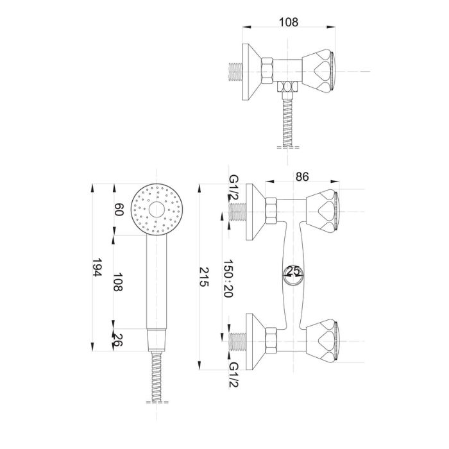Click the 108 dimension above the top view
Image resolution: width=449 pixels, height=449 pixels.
pos(289,22)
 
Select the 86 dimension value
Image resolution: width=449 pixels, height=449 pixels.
pos(302,176)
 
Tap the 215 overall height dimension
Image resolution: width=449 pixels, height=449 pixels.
pos(204,276)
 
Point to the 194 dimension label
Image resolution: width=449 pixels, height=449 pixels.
pos(97,267)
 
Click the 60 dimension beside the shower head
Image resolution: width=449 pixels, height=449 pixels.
pos(119,209)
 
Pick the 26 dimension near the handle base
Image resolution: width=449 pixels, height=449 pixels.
pos(117,340)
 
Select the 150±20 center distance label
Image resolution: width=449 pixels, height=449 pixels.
pos(228,278)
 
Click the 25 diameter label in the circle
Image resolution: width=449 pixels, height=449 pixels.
pos(293,270)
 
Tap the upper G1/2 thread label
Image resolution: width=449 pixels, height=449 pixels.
pos(233,188)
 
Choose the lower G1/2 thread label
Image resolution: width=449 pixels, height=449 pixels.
pos(233,375)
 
